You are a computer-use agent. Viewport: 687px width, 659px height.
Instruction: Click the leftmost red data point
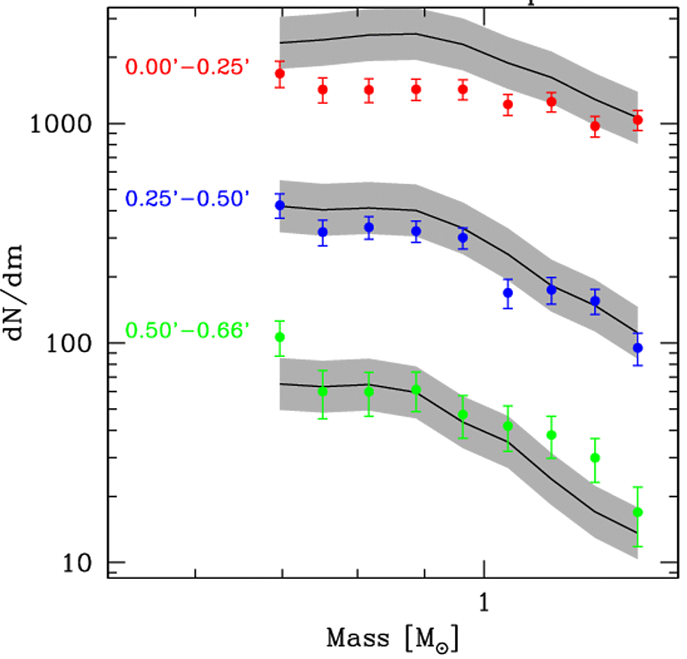[280, 74]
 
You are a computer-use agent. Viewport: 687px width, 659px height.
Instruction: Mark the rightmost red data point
[638, 120]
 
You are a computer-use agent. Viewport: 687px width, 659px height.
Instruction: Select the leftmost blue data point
[280, 206]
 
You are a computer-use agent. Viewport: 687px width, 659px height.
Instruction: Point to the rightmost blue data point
[638, 348]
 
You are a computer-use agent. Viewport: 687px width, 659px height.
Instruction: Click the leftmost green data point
[280, 337]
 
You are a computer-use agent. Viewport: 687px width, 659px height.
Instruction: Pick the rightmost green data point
[638, 512]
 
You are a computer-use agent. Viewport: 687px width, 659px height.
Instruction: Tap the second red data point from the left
[323, 90]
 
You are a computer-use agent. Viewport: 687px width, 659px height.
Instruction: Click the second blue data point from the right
[595, 301]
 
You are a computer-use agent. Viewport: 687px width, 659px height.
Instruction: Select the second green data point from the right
[595, 458]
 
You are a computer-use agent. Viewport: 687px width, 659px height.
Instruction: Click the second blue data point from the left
[323, 232]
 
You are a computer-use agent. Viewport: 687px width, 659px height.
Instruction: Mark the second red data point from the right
[595, 126]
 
